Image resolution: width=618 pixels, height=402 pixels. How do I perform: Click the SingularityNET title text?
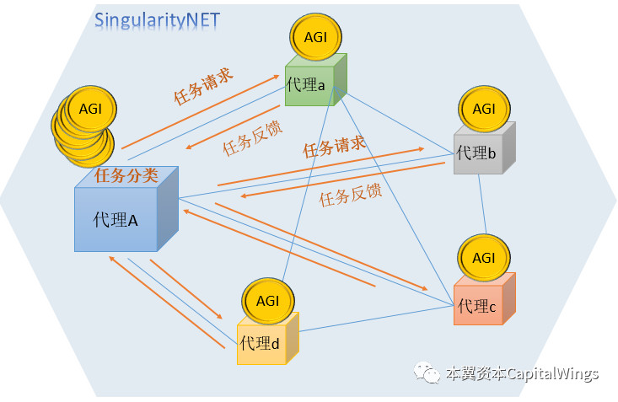tap(157, 19)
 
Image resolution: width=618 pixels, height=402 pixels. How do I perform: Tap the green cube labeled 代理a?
tap(310, 84)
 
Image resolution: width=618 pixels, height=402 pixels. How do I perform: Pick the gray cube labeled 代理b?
tap(479, 153)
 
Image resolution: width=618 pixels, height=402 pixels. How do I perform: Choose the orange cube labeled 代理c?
tap(478, 304)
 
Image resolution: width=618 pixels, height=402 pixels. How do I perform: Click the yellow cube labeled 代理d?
tap(262, 344)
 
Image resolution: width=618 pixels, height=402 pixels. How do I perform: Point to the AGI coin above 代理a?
tap(315, 36)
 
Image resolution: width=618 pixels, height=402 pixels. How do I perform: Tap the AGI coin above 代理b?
tap(484, 109)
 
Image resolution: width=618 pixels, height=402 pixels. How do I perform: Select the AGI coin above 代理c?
tap(484, 257)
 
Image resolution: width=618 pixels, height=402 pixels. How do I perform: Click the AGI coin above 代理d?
tap(267, 301)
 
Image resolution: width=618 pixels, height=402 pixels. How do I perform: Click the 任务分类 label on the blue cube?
tap(126, 175)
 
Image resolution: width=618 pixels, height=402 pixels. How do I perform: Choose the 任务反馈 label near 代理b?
tap(350, 196)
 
